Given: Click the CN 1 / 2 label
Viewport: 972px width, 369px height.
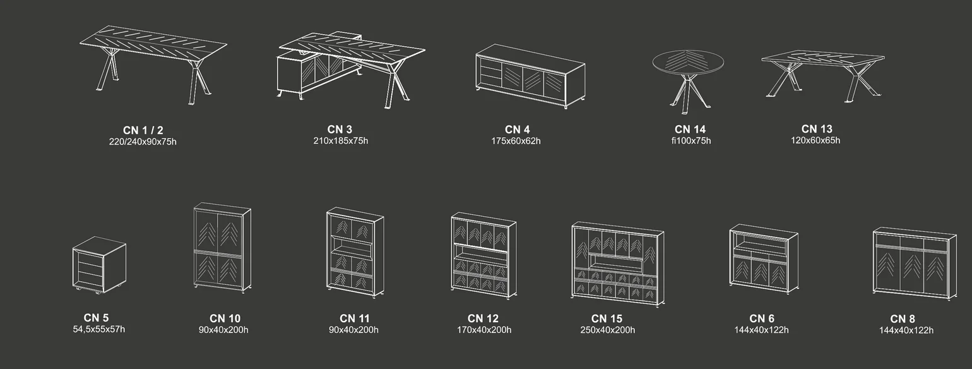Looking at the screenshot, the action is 143,130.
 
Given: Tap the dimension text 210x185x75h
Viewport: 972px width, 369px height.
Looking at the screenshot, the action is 341,141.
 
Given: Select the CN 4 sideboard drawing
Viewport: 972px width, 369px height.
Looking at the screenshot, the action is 531,76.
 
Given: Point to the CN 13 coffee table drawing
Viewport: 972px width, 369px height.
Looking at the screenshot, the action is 823,76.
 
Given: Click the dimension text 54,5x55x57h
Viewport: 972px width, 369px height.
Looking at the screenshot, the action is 99,329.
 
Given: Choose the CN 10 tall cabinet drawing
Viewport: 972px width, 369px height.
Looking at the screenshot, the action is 222,247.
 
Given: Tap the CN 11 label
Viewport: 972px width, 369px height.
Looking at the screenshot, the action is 354,318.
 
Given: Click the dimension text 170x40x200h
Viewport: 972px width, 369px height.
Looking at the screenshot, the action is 484,330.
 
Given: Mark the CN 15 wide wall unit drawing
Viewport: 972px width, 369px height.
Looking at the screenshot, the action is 618,264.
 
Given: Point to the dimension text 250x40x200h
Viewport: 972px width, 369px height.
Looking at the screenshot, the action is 607,330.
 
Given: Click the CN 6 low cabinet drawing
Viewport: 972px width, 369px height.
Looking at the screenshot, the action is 764,259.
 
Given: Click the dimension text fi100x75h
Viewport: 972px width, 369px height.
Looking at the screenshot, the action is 690,141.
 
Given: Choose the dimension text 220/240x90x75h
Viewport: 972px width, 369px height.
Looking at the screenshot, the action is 143,142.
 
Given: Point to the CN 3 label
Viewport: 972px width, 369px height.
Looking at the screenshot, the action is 340,130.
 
